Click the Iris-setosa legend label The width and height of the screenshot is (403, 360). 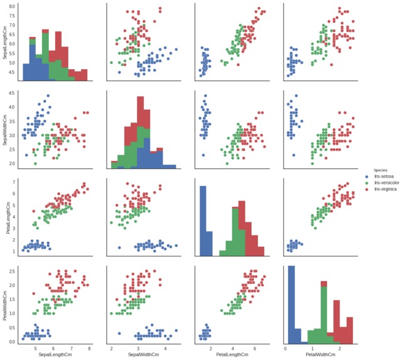(x=384, y=177)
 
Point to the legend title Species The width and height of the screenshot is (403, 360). (x=380, y=170)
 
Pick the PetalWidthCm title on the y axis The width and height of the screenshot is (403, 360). (x=5, y=304)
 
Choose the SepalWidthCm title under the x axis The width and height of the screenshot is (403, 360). (x=143, y=356)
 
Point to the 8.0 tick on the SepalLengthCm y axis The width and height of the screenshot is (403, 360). (x=13, y=6)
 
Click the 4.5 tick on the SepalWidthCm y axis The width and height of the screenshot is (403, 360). (x=13, y=93)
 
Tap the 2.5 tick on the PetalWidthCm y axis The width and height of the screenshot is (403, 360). (x=13, y=271)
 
